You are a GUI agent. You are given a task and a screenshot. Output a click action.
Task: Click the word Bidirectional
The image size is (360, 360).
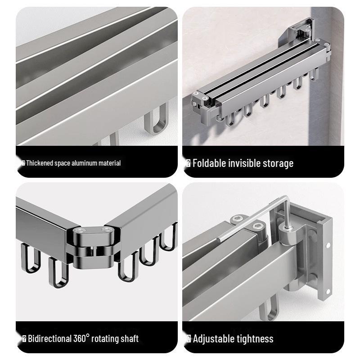point(50,339)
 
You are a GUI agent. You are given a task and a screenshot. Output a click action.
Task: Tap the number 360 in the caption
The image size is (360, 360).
point(80,339)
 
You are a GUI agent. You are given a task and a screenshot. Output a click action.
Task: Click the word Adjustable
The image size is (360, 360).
point(211,339)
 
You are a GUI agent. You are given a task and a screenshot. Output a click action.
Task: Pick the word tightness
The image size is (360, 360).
point(252,339)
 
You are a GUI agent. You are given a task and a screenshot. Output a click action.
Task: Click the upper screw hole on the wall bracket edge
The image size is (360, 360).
point(328,245)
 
